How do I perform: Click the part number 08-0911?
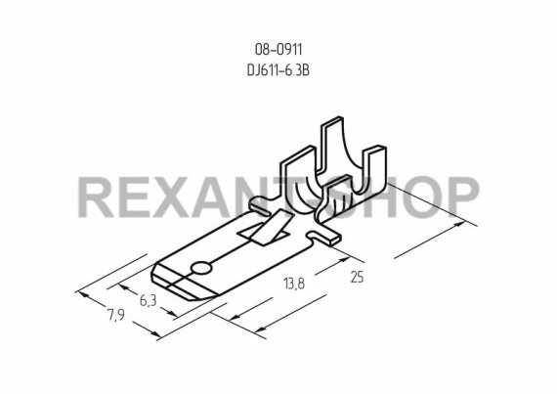point(278,50)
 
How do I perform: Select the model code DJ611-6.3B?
point(278,70)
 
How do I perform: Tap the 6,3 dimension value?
point(149,300)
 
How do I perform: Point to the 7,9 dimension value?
point(116,315)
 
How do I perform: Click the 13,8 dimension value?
point(294,284)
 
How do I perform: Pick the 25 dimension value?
point(357,277)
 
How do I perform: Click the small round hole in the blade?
point(200,269)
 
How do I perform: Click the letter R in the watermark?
point(96,197)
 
